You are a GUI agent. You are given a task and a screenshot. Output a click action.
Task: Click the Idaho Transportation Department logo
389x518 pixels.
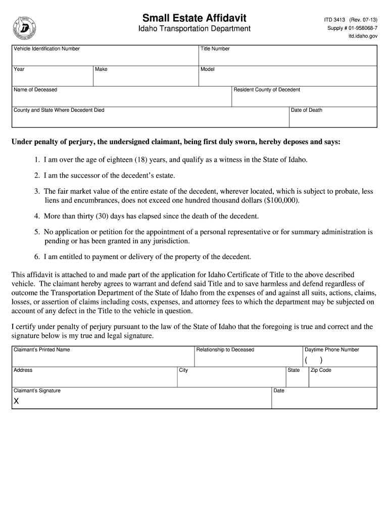24,28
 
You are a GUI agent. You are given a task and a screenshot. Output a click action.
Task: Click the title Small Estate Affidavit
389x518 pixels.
194,18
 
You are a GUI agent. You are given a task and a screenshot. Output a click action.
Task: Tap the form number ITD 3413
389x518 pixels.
334,20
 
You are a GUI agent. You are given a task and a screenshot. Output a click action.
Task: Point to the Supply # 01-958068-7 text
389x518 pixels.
352,28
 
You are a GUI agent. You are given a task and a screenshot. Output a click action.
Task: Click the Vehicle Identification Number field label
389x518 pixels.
46,49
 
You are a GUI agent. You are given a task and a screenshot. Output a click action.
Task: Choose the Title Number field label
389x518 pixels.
215,49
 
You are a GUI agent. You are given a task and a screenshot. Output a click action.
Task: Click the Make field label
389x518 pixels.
101,69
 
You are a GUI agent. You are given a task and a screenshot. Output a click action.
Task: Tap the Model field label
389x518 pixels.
208,69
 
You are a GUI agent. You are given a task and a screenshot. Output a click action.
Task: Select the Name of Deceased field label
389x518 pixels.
35,90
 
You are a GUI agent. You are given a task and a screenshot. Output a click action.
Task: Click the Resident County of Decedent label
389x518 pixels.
267,90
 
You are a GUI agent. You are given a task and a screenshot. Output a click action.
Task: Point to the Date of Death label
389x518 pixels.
307,110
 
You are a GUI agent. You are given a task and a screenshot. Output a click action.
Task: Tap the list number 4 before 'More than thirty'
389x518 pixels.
37,216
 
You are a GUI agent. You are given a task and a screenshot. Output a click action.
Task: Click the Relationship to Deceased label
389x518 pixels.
225,350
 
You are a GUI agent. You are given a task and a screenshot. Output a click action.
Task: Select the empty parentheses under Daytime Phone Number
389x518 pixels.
313,360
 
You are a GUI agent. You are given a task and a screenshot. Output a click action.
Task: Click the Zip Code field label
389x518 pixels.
321,370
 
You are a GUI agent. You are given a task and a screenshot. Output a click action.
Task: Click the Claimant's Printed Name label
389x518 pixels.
42,350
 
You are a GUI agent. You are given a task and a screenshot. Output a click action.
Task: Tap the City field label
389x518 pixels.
183,370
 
